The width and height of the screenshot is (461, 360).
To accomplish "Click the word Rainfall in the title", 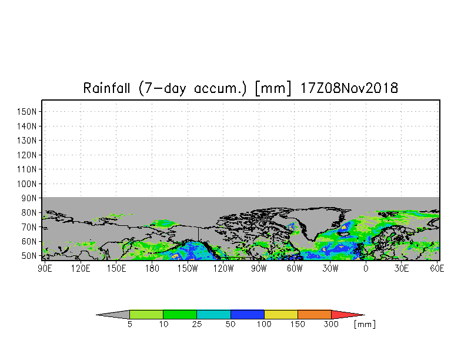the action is (x=107, y=88).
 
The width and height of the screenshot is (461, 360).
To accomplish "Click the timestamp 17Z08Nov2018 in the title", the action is (x=349, y=88).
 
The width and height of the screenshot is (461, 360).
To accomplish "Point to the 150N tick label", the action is (x=27, y=112).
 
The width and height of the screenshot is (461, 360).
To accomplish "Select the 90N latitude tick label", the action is (x=29, y=198).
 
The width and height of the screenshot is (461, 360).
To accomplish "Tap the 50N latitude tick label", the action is (x=29, y=255).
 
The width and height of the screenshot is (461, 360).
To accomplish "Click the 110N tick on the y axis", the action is (x=27, y=169).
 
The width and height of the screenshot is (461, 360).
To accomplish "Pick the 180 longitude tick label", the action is (x=152, y=268).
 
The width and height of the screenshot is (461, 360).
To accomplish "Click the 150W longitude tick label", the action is (x=188, y=268).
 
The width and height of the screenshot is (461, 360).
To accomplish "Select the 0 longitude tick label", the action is (x=366, y=268).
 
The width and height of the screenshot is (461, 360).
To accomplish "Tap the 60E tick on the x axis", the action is (x=437, y=268).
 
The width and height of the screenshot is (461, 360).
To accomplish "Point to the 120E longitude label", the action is (x=81, y=268).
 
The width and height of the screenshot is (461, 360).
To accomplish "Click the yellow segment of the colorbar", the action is (x=281, y=314).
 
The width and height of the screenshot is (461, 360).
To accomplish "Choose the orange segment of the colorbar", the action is (x=315, y=314).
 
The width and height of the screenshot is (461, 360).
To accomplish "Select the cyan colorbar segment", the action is (x=214, y=314).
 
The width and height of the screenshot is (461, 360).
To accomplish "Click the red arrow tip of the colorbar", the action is (x=348, y=314).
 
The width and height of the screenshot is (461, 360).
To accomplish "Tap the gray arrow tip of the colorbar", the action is (x=113, y=314).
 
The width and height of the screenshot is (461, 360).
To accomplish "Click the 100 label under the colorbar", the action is (x=264, y=324).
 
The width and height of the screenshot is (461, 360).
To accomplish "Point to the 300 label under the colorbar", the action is (x=331, y=324).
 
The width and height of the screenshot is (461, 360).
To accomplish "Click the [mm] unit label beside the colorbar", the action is (x=365, y=325).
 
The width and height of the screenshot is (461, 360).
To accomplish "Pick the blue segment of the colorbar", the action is (x=248, y=314).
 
